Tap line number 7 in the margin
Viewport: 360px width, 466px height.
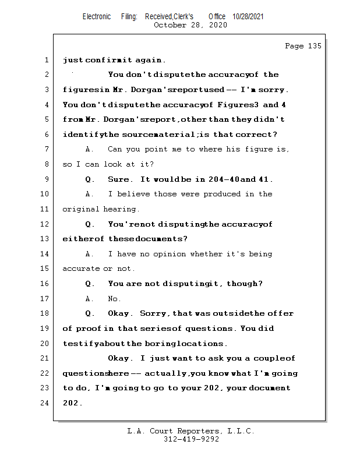click(x=46, y=149)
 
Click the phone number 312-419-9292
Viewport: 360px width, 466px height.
click(x=191, y=439)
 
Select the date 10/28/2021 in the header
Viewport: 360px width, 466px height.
click(x=248, y=17)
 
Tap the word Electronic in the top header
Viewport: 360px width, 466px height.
click(x=97, y=17)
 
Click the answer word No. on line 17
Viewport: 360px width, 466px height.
click(x=114, y=299)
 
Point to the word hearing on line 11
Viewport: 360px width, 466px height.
click(x=121, y=209)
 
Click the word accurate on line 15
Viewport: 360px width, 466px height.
click(x=81, y=269)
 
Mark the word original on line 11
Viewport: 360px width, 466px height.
click(x=81, y=209)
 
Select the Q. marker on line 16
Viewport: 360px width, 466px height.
click(x=90, y=284)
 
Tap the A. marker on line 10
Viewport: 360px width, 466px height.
click(x=90, y=194)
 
